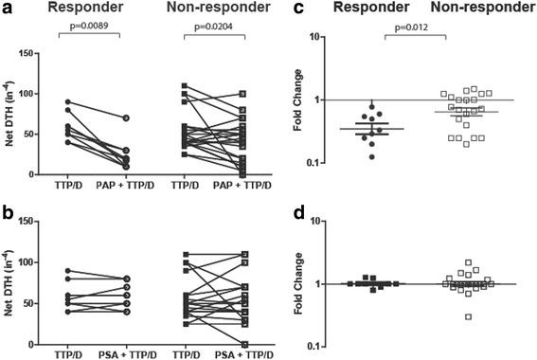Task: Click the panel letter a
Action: click(x=7, y=9)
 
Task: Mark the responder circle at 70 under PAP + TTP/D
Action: click(x=150, y=118)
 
